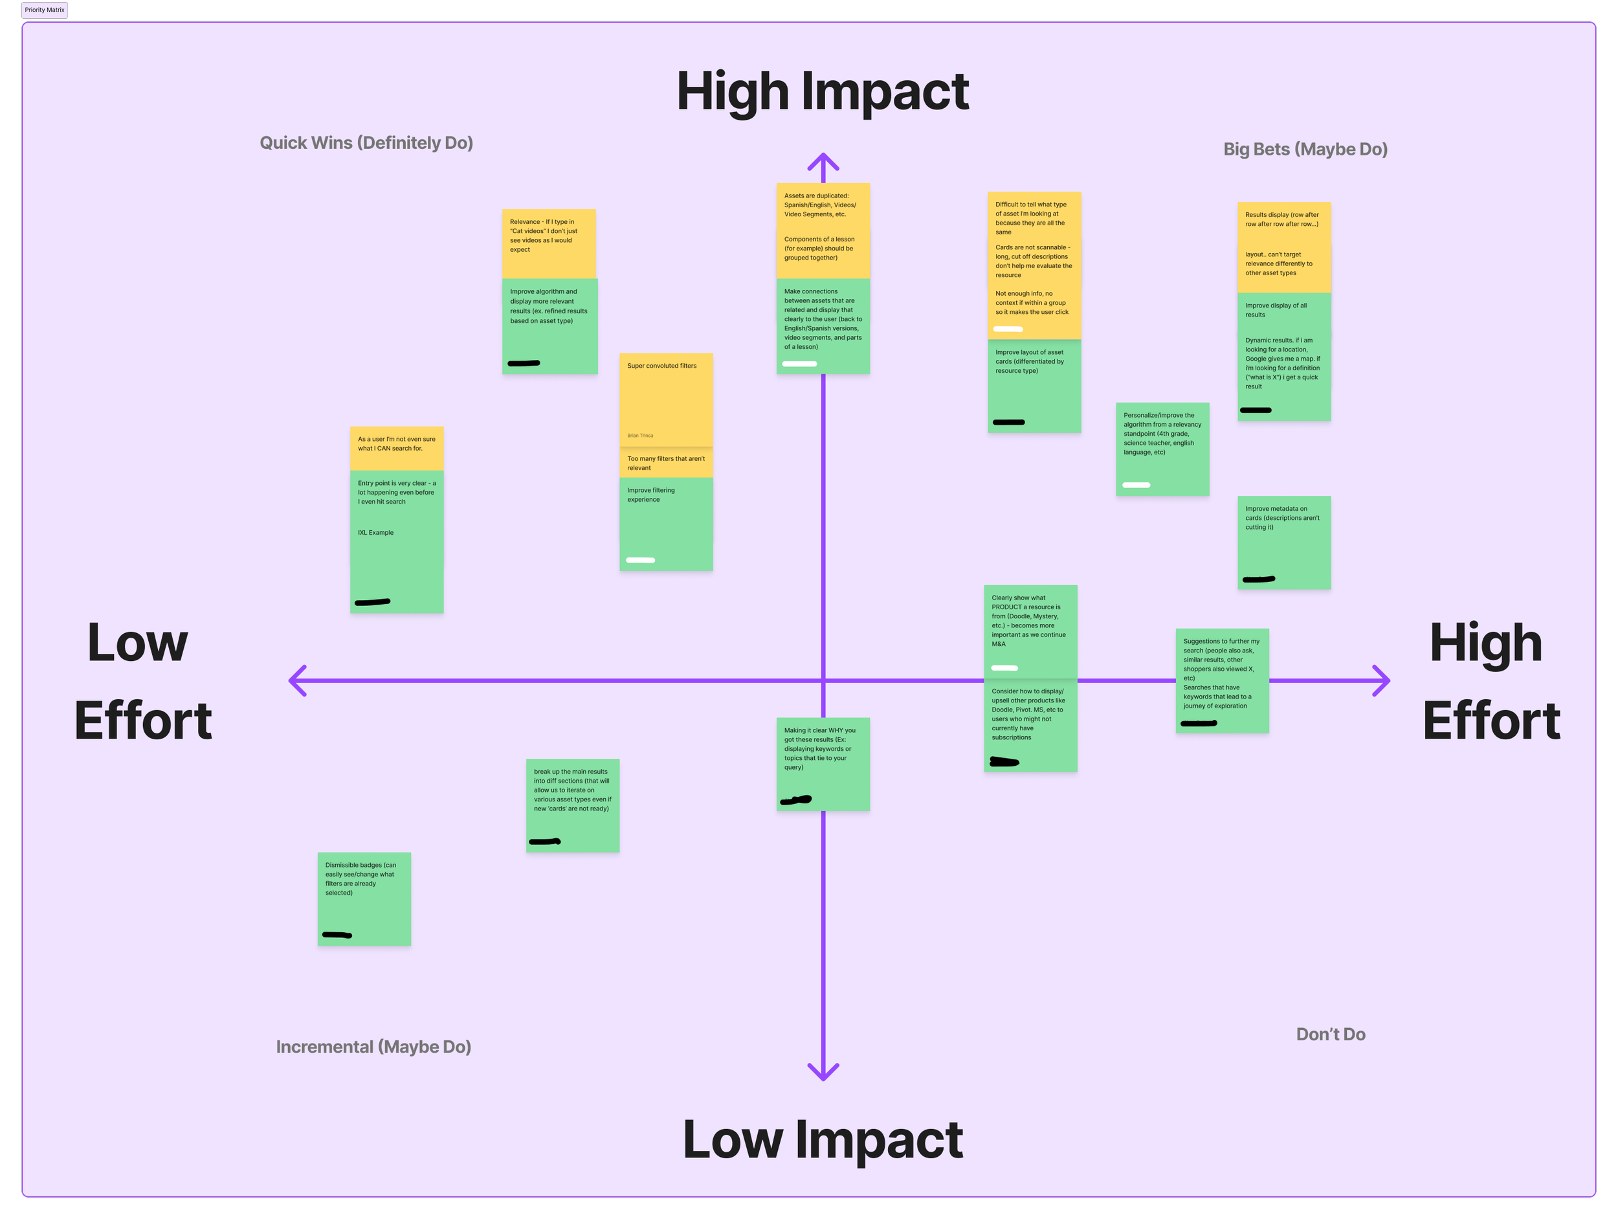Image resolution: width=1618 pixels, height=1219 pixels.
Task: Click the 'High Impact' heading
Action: tap(822, 91)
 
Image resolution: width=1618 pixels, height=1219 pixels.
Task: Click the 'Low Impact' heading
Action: tap(822, 1139)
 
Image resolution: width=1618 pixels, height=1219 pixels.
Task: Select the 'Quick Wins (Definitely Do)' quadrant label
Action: tap(366, 142)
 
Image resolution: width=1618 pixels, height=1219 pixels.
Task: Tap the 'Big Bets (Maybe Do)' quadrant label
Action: tap(1305, 150)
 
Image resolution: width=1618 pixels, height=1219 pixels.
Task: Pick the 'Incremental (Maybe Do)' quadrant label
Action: tap(373, 1046)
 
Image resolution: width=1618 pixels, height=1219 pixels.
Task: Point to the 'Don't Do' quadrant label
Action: tap(1331, 1034)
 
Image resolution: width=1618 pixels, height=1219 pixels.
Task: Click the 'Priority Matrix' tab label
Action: tap(45, 10)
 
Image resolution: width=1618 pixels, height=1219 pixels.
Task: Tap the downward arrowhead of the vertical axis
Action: tap(823, 1073)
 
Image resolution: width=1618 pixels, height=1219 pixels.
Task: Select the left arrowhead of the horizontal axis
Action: tap(296, 680)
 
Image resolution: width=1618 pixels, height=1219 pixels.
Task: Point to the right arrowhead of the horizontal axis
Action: tap(1382, 680)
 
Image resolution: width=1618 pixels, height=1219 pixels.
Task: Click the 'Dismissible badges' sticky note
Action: tap(364, 899)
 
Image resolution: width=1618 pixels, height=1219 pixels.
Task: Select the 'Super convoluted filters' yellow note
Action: tap(665, 399)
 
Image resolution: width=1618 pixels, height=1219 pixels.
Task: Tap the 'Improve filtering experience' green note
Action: tap(665, 523)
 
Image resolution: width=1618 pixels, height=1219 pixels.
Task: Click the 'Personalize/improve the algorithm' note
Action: tap(1162, 449)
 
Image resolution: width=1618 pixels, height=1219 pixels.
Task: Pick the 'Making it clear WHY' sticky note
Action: tap(822, 763)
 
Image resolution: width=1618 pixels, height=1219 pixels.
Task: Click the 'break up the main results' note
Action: tap(572, 805)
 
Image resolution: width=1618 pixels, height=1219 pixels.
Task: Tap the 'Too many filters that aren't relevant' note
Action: tap(665, 463)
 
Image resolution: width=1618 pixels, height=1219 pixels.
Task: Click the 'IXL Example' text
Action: tap(375, 533)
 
